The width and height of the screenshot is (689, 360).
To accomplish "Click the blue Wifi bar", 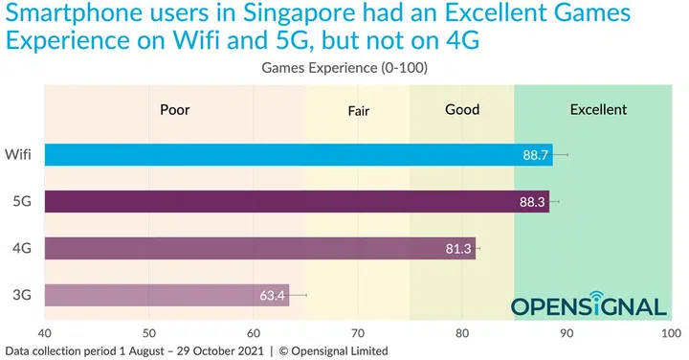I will pos(297,154).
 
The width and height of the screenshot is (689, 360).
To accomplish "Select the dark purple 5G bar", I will pos(297,201).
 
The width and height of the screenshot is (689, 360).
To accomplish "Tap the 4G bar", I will pos(258,248).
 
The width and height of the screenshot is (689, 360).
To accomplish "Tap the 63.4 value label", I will pos(273,295).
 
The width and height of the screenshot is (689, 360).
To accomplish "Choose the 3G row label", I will pos(21,295).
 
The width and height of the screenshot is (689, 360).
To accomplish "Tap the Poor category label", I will pos(174,109).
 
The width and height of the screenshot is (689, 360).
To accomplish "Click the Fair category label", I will pos(358,110).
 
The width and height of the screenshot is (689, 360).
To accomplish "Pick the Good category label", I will pos(462,109).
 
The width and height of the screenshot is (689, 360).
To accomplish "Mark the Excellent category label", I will pos(598,109).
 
